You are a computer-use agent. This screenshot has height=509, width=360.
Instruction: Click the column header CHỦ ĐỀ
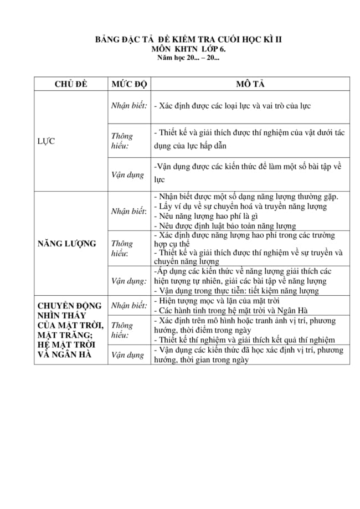tap(71, 84)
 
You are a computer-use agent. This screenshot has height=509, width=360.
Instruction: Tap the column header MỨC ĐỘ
tap(128, 84)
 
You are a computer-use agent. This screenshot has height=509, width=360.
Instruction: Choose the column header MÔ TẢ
tap(250, 84)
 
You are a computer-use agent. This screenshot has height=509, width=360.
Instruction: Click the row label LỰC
tap(46, 141)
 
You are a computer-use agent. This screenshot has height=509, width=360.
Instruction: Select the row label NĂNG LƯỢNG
tap(66, 243)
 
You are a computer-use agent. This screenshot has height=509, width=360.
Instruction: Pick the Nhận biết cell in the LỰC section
tap(128, 105)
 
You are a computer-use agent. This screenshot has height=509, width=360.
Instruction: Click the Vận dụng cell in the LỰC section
tap(127, 174)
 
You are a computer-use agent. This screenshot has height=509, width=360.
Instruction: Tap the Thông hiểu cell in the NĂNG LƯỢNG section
tap(122, 248)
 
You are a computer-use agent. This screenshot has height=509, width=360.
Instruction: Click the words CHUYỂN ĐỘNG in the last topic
tap(69, 305)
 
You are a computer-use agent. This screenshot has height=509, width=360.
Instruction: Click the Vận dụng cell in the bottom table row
tap(127, 355)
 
